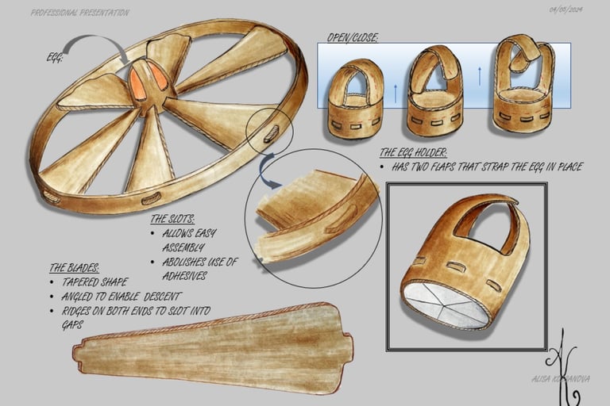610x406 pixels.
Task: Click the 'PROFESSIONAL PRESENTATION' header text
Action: [79, 13]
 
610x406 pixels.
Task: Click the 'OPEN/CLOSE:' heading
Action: [353, 37]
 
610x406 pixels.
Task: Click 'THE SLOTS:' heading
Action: [172, 218]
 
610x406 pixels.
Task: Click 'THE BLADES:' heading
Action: [74, 268]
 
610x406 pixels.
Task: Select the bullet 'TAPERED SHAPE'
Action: [93, 282]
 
